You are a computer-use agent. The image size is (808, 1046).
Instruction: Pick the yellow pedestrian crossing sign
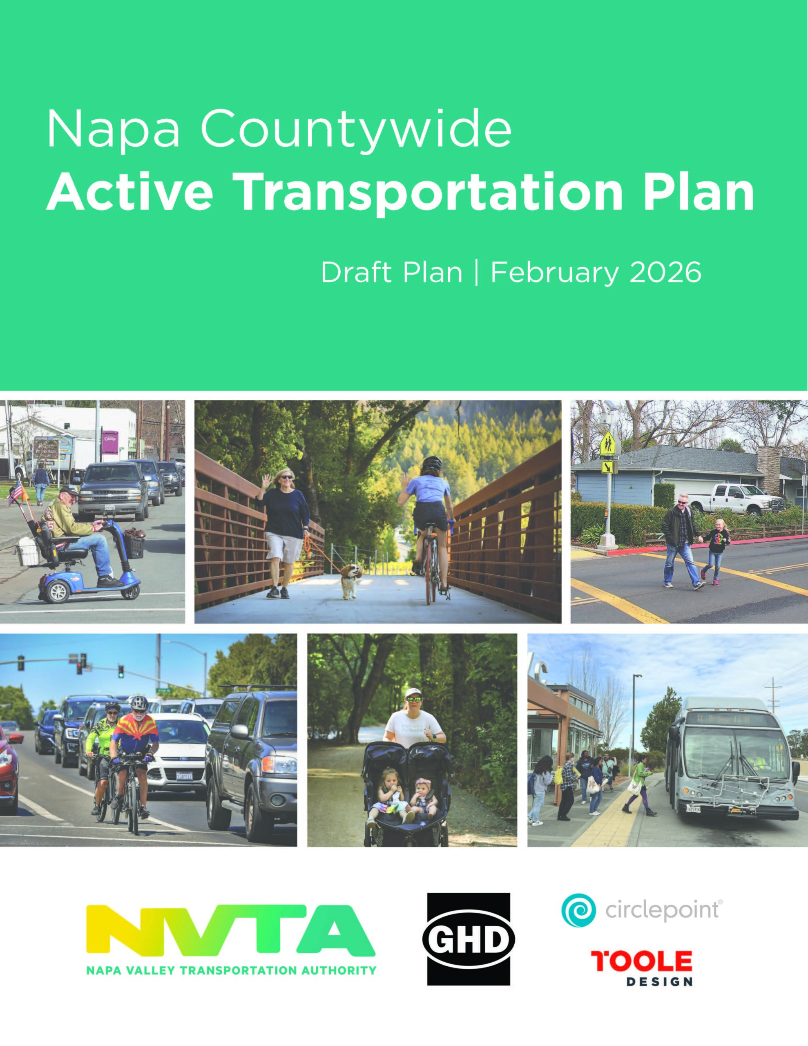(x=608, y=443)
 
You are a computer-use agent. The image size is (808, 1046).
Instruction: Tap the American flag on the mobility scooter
(x=16, y=492)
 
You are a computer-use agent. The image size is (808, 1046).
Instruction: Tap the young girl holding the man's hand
(x=716, y=552)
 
